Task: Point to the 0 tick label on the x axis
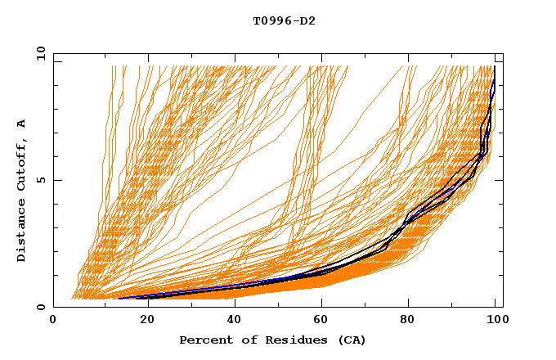coord(53,322)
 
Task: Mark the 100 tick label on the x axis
coord(495,322)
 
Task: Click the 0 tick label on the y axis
coord(39,308)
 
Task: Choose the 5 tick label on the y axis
coord(39,180)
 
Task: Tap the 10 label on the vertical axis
coord(37,53)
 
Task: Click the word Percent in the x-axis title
coord(204,340)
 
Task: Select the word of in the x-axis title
coord(244,340)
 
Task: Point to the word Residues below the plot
coord(289,340)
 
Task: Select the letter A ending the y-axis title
coord(22,123)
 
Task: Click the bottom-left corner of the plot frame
coord(54,307)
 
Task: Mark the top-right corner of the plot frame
coord(503,53)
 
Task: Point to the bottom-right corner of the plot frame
coord(503,307)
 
